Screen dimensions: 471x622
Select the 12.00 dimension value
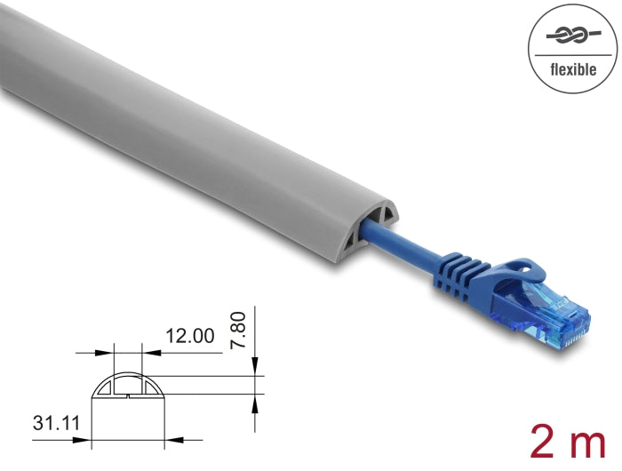tap(190, 335)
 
